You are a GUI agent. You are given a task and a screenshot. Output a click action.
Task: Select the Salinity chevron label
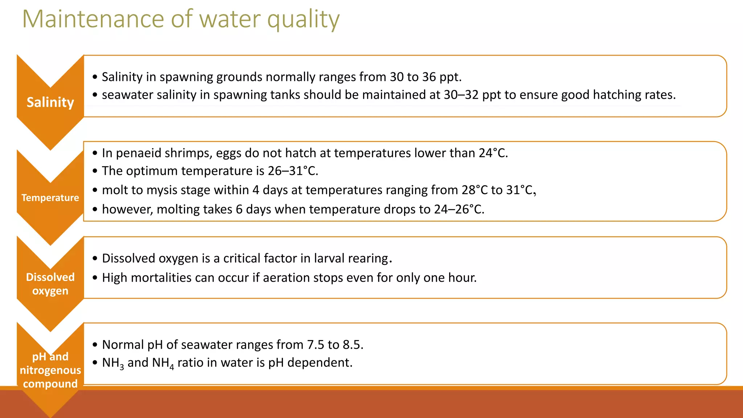pos(50,102)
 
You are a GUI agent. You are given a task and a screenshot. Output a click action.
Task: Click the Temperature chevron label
pos(50,198)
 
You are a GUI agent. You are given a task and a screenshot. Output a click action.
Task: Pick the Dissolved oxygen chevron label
pos(50,284)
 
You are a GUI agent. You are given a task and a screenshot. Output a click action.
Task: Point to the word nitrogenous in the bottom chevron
pos(50,370)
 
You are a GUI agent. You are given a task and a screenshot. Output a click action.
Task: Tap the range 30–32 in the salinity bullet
pos(461,95)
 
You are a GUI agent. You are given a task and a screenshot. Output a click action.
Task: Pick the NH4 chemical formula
pos(163,363)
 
